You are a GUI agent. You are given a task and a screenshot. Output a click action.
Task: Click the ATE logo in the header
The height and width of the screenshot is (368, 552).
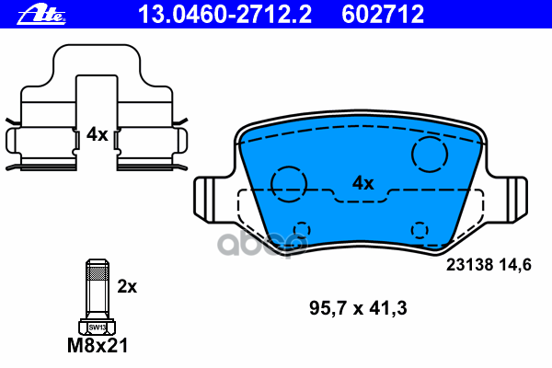[41, 15]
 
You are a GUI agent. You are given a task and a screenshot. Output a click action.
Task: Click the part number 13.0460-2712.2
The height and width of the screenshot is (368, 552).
[224, 15]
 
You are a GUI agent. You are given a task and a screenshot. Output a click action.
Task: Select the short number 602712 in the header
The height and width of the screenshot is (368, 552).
[383, 15]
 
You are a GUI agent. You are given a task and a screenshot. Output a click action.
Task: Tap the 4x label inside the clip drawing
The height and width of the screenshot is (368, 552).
[98, 134]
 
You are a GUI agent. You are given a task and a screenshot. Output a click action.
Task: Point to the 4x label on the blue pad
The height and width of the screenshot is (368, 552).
[363, 183]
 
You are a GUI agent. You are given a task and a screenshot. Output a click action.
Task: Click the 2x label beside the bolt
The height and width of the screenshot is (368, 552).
[127, 287]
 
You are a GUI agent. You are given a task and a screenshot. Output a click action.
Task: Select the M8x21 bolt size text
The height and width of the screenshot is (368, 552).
[98, 346]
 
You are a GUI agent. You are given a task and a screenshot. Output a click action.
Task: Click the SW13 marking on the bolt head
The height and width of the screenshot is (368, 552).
[98, 328]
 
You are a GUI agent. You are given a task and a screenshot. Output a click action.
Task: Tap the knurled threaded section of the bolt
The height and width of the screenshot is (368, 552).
[98, 273]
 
